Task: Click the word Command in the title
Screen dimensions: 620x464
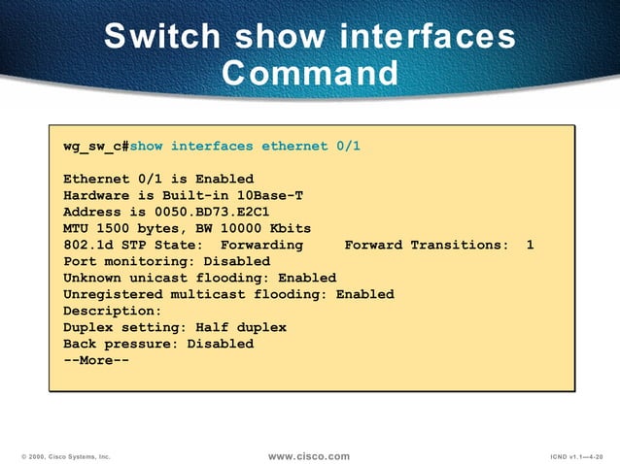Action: pyautogui.click(x=310, y=73)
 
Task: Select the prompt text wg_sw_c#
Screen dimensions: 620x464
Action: pyautogui.click(x=96, y=146)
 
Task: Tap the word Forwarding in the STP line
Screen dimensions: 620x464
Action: pyautogui.click(x=261, y=245)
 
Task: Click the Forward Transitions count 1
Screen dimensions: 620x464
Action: pyautogui.click(x=530, y=245)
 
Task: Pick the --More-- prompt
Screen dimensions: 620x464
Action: pyautogui.click(x=96, y=360)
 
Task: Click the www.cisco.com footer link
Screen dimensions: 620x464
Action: pyautogui.click(x=308, y=455)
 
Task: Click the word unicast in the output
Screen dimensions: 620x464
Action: pyautogui.click(x=158, y=278)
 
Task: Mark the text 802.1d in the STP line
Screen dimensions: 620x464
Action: pyautogui.click(x=87, y=245)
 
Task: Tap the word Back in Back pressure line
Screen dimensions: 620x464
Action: pyautogui.click(x=80, y=344)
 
